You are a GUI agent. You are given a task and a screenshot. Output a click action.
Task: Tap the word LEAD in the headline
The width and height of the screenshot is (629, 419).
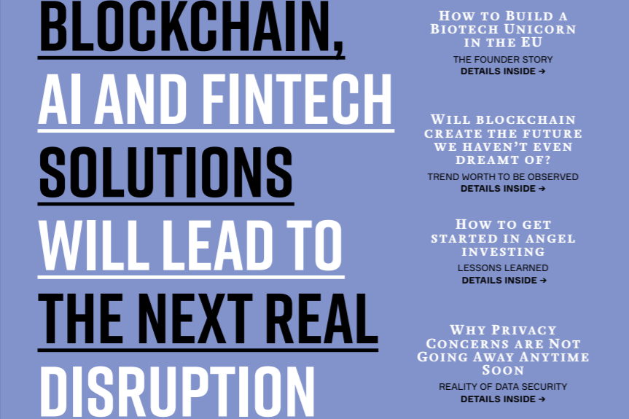click(x=212, y=243)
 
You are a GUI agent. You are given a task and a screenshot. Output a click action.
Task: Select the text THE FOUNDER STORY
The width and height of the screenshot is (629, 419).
click(x=503, y=60)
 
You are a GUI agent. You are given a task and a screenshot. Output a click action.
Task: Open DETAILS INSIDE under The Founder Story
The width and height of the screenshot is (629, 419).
click(x=503, y=71)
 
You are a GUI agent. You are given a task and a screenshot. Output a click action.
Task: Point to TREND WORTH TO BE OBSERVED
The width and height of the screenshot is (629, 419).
click(x=503, y=177)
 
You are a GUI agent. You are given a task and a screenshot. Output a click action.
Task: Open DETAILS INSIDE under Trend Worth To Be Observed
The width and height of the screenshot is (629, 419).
click(x=503, y=189)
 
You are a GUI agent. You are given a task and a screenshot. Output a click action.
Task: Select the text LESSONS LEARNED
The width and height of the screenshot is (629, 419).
click(x=503, y=268)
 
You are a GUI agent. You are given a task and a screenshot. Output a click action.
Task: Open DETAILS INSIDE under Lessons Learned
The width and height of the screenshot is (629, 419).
click(x=504, y=280)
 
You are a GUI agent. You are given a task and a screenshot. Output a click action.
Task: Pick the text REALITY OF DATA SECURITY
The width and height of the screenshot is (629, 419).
click(x=503, y=387)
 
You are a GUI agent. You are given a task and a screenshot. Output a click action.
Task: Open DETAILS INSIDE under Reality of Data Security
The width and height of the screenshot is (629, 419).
click(x=503, y=399)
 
